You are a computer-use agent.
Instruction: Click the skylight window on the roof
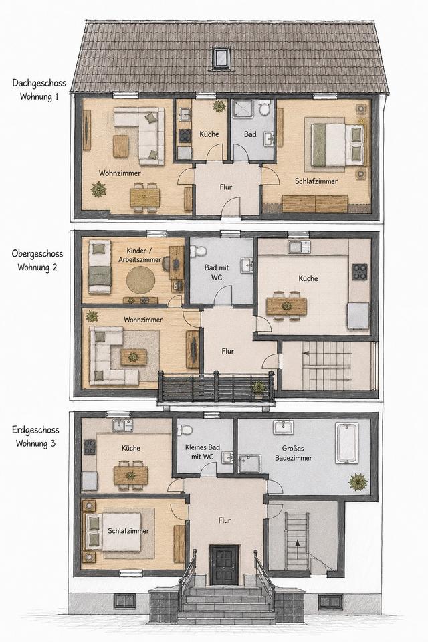click(x=221, y=57)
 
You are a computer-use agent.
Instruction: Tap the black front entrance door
click(x=223, y=564)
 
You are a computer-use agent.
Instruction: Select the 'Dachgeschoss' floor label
click(x=39, y=83)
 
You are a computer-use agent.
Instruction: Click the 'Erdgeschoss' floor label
click(x=35, y=430)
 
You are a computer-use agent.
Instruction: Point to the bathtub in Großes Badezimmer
click(x=347, y=443)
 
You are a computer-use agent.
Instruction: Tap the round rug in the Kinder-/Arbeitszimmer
click(x=140, y=280)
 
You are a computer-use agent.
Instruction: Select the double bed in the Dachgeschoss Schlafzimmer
click(x=336, y=144)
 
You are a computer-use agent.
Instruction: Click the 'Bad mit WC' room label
click(x=217, y=272)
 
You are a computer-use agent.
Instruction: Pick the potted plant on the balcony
click(x=258, y=389)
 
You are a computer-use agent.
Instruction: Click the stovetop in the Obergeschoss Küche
click(x=360, y=272)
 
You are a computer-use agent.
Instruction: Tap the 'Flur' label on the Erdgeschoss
click(x=225, y=520)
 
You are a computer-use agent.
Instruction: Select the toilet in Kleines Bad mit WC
click(x=185, y=430)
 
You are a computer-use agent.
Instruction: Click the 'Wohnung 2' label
click(x=37, y=267)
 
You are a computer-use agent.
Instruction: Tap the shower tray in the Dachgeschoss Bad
click(x=243, y=109)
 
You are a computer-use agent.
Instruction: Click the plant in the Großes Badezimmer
click(x=358, y=482)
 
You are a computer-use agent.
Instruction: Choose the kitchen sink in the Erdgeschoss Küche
click(x=122, y=425)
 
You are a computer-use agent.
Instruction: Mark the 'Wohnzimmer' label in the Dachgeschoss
click(x=120, y=173)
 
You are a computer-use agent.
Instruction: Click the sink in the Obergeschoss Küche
click(x=298, y=247)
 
